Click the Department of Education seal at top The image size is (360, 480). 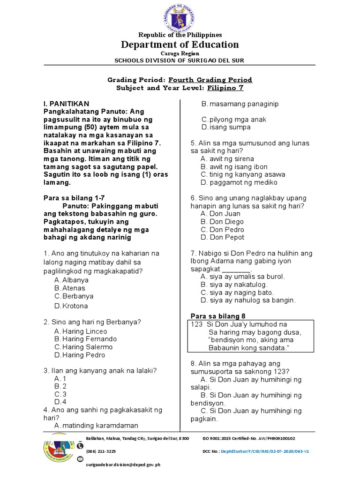click(x=180, y=16)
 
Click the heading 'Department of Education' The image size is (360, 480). click(x=180, y=45)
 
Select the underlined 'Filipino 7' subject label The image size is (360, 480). click(x=226, y=88)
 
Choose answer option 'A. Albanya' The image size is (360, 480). click(x=71, y=280)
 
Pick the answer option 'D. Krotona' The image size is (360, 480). click(x=71, y=306)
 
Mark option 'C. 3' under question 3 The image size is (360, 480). click(x=60, y=394)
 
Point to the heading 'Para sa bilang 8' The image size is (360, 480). click(x=217, y=315)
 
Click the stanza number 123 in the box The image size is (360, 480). click(x=196, y=324)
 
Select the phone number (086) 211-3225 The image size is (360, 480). click(x=101, y=451)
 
